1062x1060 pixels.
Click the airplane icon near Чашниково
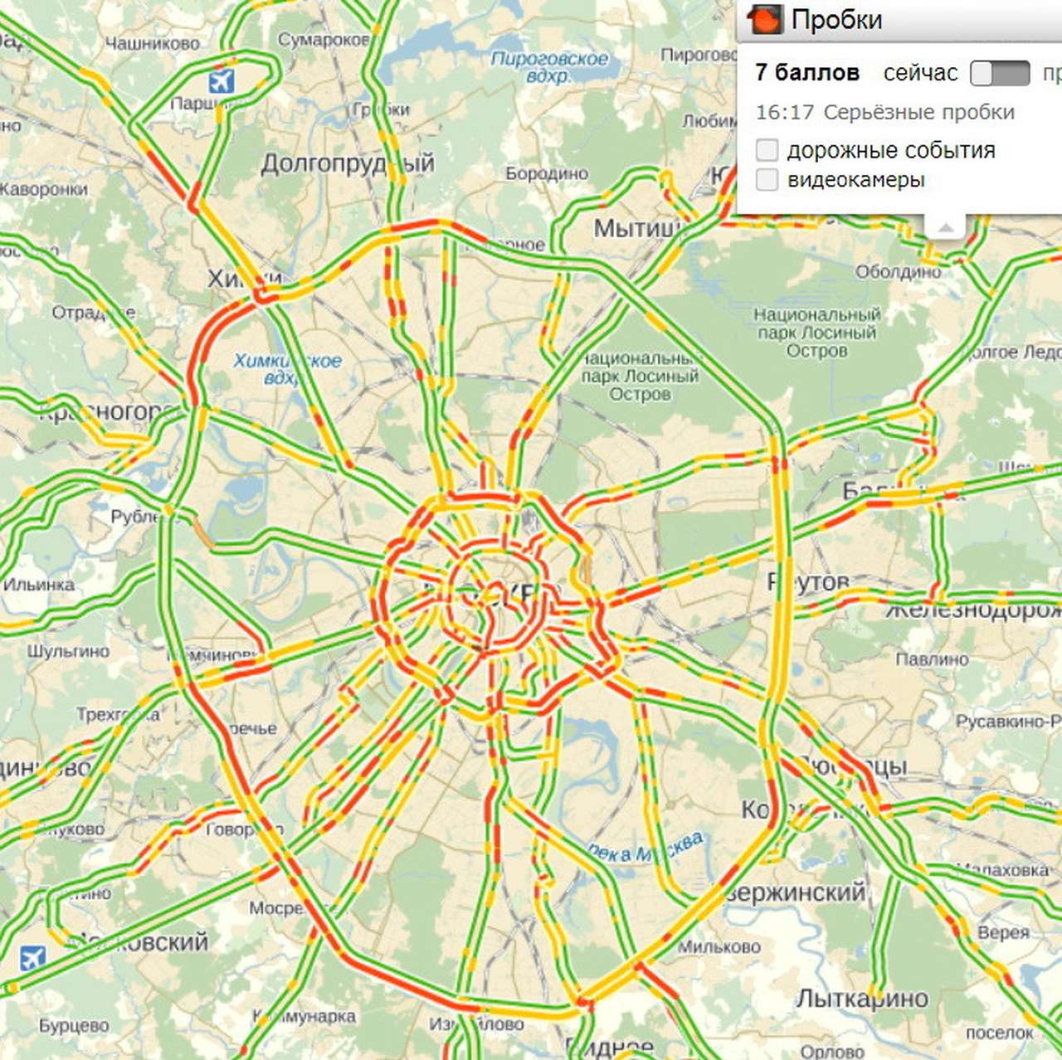pos(221,81)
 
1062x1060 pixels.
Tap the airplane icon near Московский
pos(32,958)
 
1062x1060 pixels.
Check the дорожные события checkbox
pos(767,150)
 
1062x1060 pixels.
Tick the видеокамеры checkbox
pos(767,179)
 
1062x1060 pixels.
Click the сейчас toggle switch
pos(1000,73)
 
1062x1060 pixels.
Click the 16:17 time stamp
pos(784,112)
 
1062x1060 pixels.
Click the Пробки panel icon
pos(764,19)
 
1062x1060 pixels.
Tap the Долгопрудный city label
pos(347,163)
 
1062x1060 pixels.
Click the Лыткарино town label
pos(862,998)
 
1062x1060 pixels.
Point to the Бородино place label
pos(547,173)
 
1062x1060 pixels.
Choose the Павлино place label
pos(932,659)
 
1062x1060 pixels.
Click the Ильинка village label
pos(39,585)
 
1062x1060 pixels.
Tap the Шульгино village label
pos(68,651)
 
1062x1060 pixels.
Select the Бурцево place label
pos(74,1026)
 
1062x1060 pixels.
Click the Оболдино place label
pos(898,271)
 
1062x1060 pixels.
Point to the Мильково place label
pos(719,946)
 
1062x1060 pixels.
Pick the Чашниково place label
pos(153,43)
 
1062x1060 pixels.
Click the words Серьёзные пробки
pos(919,112)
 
